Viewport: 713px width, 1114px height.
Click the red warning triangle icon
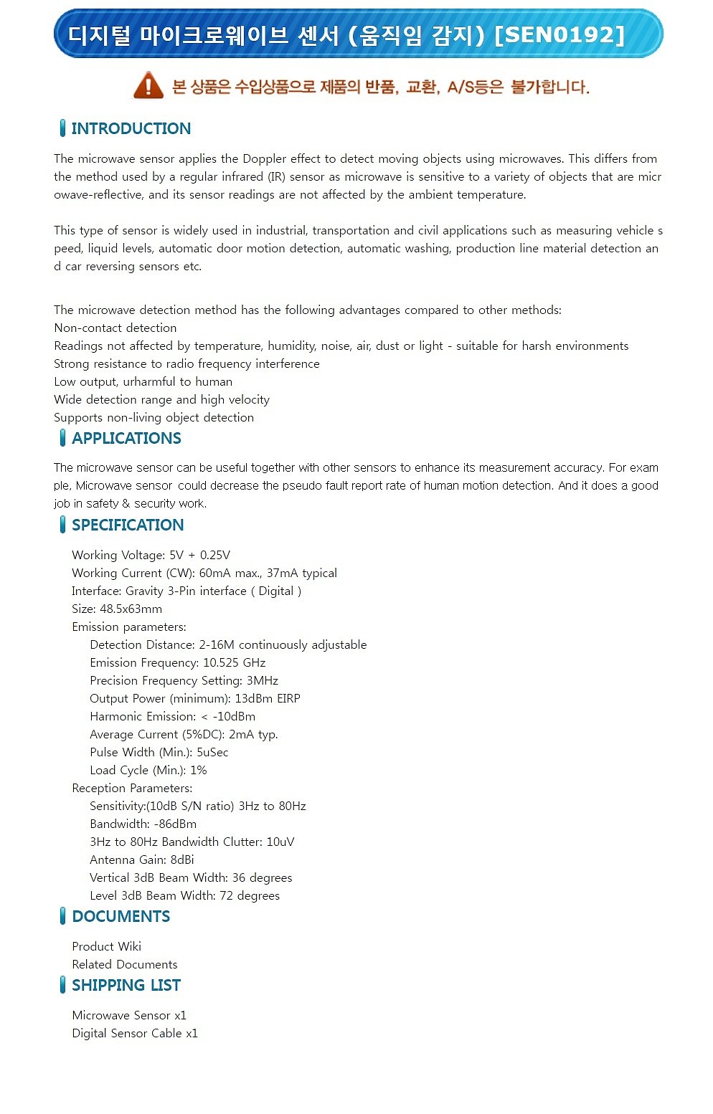pyautogui.click(x=148, y=85)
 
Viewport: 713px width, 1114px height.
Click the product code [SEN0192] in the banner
pyautogui.click(x=559, y=34)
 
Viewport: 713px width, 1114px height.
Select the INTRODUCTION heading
pyautogui.click(x=131, y=129)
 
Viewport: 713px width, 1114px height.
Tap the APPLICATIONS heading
pyautogui.click(x=126, y=439)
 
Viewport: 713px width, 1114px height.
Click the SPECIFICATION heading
pyautogui.click(x=128, y=525)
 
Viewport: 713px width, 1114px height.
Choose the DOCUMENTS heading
pyautogui.click(x=121, y=917)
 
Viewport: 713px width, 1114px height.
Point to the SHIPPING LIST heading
pyautogui.click(x=126, y=986)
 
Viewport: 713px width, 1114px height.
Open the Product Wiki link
pyautogui.click(x=106, y=946)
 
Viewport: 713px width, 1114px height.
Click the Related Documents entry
pyautogui.click(x=124, y=964)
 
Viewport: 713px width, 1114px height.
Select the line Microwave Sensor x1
pyautogui.click(x=129, y=1015)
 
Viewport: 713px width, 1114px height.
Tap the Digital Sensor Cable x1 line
pyautogui.click(x=135, y=1033)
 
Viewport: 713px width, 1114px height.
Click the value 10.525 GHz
pyautogui.click(x=234, y=662)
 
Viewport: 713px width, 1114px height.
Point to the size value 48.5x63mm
pyautogui.click(x=131, y=609)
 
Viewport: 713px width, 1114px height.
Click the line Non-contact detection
pyautogui.click(x=115, y=328)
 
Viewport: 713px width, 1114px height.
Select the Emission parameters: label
pyautogui.click(x=129, y=627)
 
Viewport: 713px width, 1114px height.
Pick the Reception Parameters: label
pyautogui.click(x=132, y=788)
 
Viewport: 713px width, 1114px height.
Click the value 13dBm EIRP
pyautogui.click(x=268, y=698)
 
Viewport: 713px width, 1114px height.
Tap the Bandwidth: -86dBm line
pyautogui.click(x=143, y=824)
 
